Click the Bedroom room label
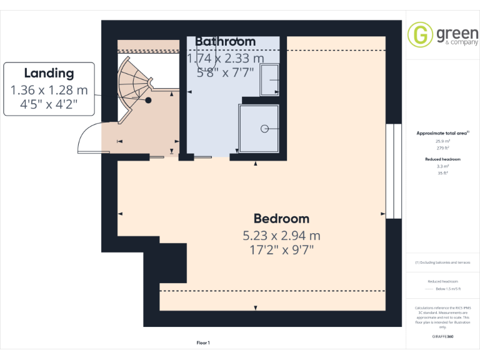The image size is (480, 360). [x=281, y=219]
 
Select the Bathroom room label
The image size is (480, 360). [x=225, y=41]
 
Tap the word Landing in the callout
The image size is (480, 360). [x=49, y=73]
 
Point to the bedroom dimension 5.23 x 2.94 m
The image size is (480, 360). [x=281, y=236]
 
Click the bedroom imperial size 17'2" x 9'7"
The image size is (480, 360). [x=281, y=250]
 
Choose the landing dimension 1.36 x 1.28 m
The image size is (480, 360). [x=49, y=90]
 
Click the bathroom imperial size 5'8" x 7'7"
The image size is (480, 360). [x=225, y=72]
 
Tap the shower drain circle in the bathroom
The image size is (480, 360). [x=264, y=128]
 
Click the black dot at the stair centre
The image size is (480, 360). [x=149, y=100]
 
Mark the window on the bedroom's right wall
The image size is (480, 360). [x=393, y=171]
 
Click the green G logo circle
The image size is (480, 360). [x=420, y=34]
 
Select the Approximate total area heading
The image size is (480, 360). [x=442, y=133]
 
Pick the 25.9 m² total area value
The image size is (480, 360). [x=442, y=141]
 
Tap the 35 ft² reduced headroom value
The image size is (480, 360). [x=442, y=173]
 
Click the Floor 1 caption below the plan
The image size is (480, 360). [x=203, y=342]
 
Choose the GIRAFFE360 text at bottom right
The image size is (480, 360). [x=442, y=336]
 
